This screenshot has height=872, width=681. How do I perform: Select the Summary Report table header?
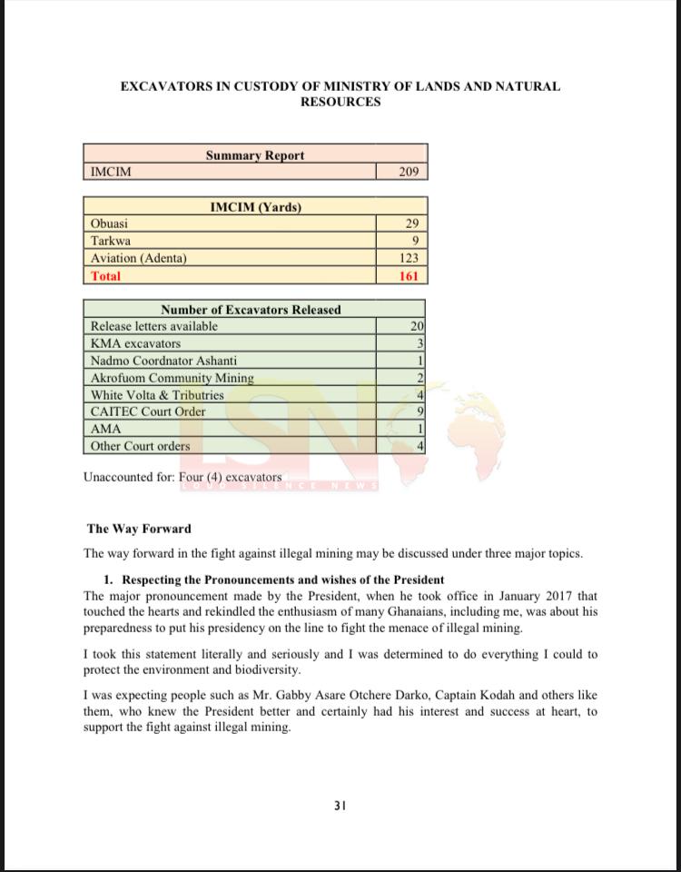(x=255, y=155)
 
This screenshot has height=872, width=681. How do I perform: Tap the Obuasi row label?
(x=110, y=223)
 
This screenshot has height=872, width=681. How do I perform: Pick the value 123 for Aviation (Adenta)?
(x=408, y=258)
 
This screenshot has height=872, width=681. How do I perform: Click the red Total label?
(x=105, y=275)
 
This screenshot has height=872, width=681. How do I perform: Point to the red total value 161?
(x=408, y=275)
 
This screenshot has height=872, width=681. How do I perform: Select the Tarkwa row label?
(x=111, y=241)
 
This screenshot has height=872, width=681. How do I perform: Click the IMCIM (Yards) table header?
(x=255, y=207)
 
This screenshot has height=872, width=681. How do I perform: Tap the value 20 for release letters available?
(x=417, y=326)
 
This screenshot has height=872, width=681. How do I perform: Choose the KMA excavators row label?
(x=135, y=343)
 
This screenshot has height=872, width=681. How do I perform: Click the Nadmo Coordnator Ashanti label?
(x=163, y=361)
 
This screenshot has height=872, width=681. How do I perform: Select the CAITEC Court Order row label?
(x=148, y=411)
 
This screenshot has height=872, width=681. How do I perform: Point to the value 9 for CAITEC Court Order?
(x=420, y=411)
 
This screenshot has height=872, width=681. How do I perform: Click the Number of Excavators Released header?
(x=251, y=310)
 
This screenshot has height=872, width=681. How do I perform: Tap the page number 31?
(x=340, y=806)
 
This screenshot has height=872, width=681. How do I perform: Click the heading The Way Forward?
(x=139, y=529)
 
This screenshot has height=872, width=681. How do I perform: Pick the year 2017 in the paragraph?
(x=554, y=596)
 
